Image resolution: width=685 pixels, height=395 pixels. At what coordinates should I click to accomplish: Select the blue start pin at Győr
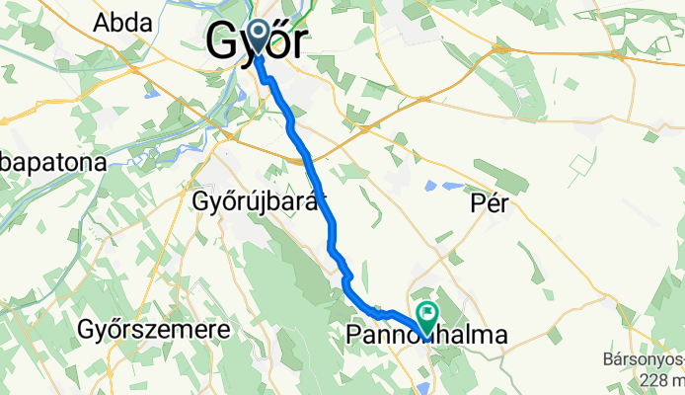point(259,37)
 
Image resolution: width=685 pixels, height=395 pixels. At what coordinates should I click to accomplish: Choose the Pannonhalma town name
point(427,336)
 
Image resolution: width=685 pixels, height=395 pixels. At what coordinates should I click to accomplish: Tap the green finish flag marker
point(428,316)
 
